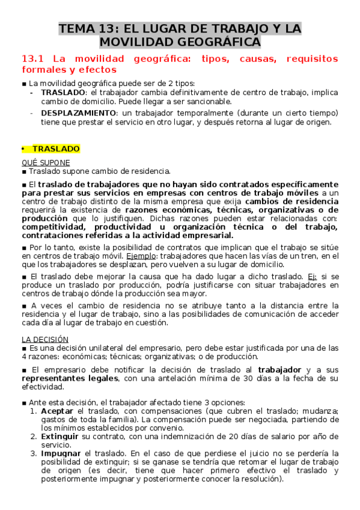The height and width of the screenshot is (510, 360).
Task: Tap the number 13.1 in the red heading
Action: (x=33, y=59)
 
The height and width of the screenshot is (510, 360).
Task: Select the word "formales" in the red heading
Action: (x=43, y=70)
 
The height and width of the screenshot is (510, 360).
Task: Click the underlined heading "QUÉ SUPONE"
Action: (x=46, y=162)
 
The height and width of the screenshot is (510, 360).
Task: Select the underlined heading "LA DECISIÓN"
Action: (x=45, y=339)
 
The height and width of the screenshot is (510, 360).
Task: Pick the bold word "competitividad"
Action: (x=58, y=227)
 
